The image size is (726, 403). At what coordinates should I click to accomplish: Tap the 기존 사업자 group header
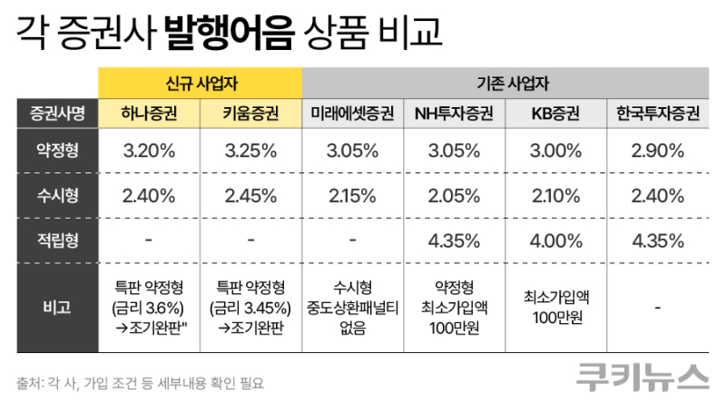(x=505, y=80)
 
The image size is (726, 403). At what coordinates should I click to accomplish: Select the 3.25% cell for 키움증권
(x=250, y=151)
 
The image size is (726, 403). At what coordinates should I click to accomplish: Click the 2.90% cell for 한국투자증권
(x=657, y=151)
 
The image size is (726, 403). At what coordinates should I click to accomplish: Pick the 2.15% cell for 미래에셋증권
(x=351, y=195)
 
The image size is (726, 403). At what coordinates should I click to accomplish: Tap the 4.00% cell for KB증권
(x=554, y=240)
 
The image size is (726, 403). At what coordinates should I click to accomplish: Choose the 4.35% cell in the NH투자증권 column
(x=453, y=240)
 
